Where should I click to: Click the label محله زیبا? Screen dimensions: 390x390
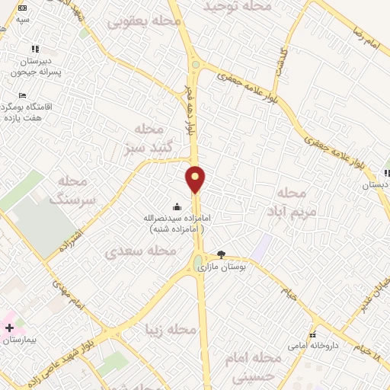tap(171, 330)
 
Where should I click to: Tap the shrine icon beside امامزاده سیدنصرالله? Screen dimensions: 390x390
tap(177, 206)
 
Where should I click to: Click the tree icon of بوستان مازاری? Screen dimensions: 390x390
tap(222, 254)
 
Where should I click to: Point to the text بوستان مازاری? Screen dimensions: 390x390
tap(219, 268)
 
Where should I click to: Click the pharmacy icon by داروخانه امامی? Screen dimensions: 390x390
tap(312, 336)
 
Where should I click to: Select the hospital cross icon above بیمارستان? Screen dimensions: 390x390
tap(9, 328)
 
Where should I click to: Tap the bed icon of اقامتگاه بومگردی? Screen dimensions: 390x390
tap(22, 96)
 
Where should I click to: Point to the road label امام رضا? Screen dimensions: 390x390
tap(365, 34)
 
